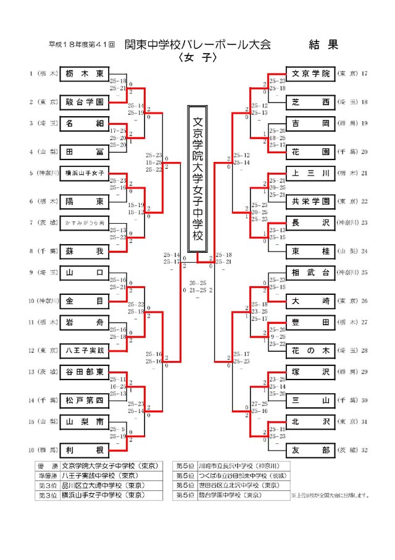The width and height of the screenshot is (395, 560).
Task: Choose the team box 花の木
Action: click(x=310, y=350)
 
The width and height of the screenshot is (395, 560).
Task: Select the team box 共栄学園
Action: click(x=310, y=201)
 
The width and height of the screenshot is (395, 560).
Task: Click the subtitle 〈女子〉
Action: click(x=197, y=57)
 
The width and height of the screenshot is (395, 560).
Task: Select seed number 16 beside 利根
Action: click(x=31, y=449)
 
